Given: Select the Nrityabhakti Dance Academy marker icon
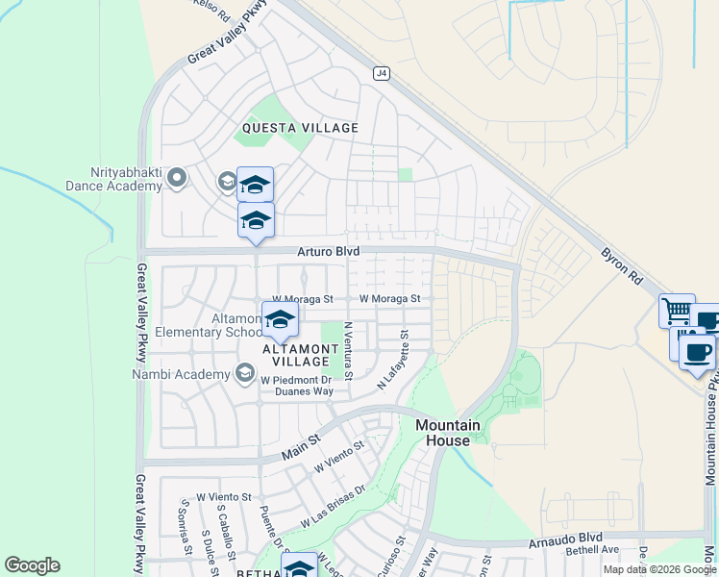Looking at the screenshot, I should [176, 177].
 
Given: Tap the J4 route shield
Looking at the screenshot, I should [381, 72].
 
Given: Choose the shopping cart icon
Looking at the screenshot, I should [677, 311].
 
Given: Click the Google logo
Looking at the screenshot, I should [32, 564].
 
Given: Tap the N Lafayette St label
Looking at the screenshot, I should [394, 362].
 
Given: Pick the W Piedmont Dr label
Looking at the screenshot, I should [296, 379].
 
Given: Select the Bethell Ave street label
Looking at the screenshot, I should [592, 550].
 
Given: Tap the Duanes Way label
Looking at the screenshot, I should [304, 391].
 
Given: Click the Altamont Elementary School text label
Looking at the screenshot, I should [236, 325].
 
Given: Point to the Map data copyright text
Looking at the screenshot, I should [659, 569].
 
